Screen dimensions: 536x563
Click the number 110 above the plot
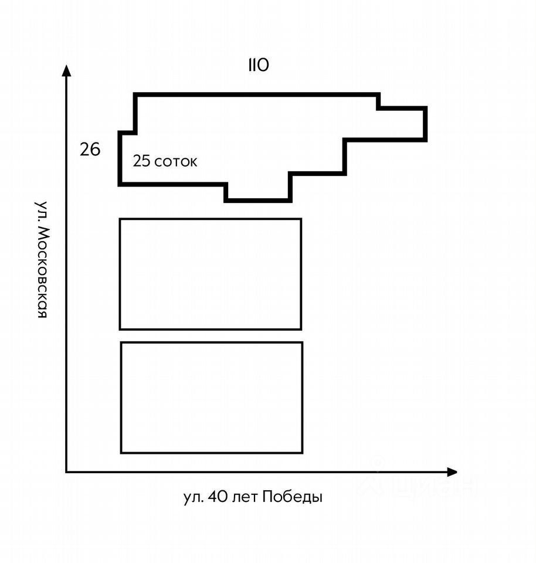(258, 65)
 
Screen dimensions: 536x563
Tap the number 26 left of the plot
(90, 150)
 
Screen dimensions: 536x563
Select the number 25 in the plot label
(141, 161)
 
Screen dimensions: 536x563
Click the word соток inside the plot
(176, 162)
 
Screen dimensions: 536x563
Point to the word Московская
(41, 273)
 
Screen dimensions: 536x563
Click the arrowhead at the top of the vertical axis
(66, 71)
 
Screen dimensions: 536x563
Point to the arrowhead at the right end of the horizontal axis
(452, 472)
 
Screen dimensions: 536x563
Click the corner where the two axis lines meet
(66, 472)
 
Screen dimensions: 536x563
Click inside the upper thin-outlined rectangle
(211, 274)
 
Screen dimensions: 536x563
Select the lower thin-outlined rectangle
(212, 398)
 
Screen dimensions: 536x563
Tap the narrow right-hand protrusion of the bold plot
(402, 124)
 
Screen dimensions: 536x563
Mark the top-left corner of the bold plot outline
(135, 94)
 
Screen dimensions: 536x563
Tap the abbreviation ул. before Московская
(41, 211)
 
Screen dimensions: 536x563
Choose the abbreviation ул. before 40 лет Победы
(193, 498)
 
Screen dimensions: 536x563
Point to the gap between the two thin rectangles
(211, 336)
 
